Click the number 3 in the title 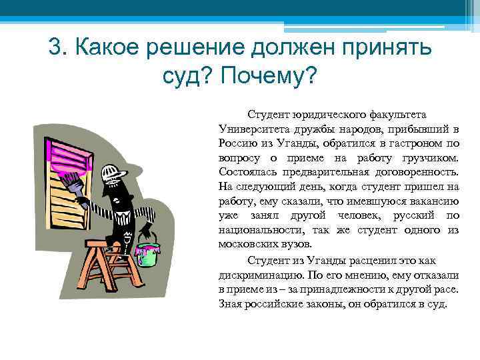coord(56,48)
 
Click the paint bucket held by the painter coord(147,251)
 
